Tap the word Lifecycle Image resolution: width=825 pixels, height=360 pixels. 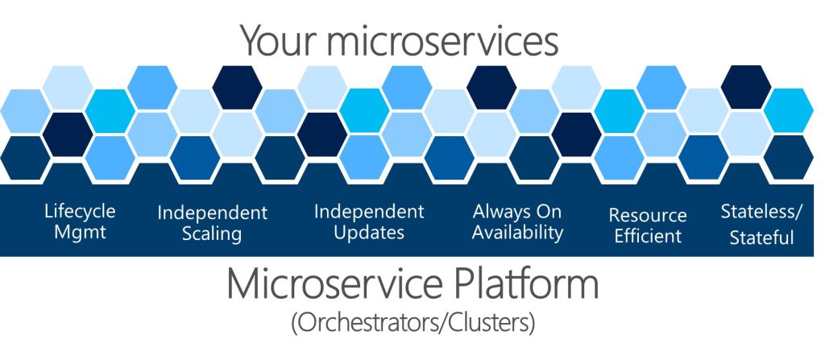pyautogui.click(x=80, y=212)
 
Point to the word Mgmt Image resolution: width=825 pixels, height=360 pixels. pyautogui.click(x=80, y=234)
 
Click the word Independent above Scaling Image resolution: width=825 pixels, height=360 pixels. pyautogui.click(x=212, y=213)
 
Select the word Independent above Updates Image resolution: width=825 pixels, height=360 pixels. pyautogui.click(x=368, y=212)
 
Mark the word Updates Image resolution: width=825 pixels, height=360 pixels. pyautogui.click(x=368, y=234)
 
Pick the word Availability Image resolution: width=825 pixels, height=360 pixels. pyautogui.click(x=517, y=234)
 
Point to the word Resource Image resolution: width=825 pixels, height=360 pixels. pyautogui.click(x=648, y=216)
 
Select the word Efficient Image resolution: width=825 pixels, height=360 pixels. pyautogui.click(x=648, y=237)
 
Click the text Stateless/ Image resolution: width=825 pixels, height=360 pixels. pyautogui.click(x=761, y=213)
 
